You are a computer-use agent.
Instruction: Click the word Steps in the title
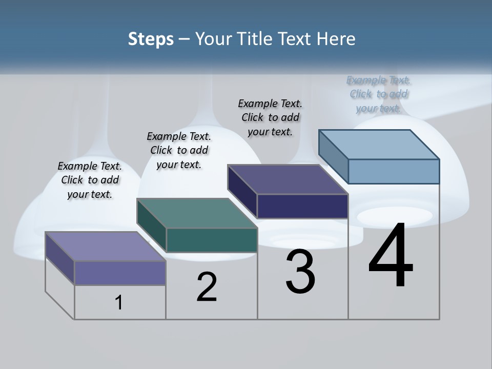(x=151, y=39)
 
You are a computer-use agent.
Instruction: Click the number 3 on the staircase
(x=300, y=272)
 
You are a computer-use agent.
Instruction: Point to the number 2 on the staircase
(x=207, y=287)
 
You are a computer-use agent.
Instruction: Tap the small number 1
(x=119, y=302)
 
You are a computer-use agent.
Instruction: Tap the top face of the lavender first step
(x=106, y=247)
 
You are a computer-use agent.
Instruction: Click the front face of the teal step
(x=212, y=240)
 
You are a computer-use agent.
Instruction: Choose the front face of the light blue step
(x=394, y=171)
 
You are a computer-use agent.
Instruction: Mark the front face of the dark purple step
(x=302, y=206)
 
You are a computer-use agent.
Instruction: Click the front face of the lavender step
(x=120, y=273)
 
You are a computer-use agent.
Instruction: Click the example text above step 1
(x=90, y=180)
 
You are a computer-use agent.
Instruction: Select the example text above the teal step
(x=179, y=150)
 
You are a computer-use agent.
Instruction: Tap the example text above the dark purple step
(x=270, y=117)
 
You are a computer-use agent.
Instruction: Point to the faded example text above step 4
(x=379, y=94)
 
